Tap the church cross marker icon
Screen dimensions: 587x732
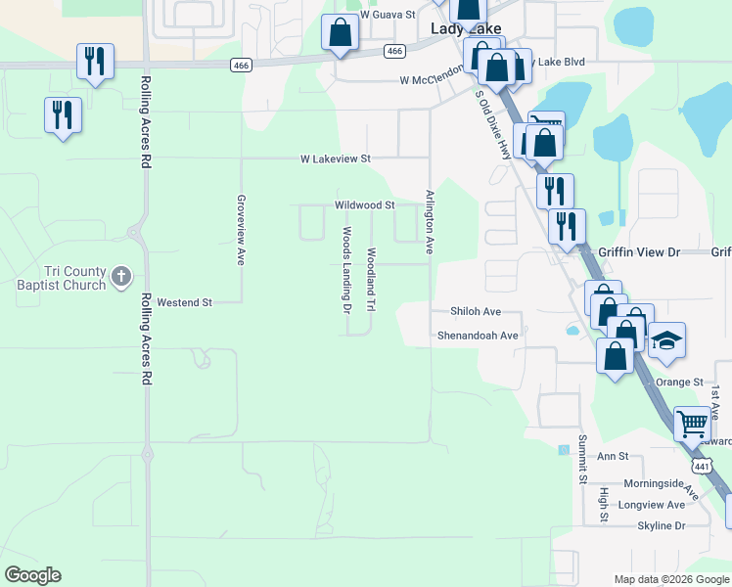[120, 277]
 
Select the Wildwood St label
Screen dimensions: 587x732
[364, 205]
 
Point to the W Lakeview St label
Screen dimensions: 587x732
[336, 158]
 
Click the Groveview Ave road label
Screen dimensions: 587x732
[241, 230]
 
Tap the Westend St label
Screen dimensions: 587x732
[184, 303]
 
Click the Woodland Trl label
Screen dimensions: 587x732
[371, 280]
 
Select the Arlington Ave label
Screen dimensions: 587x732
[429, 221]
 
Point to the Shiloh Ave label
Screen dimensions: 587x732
[476, 312]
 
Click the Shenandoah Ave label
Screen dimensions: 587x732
[478, 336]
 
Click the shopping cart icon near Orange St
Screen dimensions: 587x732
[692, 424]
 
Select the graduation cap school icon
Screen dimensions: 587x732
[666, 340]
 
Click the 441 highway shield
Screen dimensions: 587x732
[702, 467]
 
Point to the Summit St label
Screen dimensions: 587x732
[581, 459]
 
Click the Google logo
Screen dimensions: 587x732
[32, 575]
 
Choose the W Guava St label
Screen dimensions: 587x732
[388, 16]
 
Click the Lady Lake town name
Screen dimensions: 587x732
[467, 29]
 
